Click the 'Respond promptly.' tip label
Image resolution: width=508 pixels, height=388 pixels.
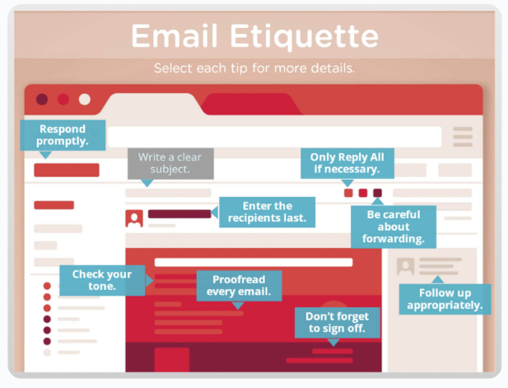coord(62,135)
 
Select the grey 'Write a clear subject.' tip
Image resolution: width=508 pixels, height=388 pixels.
coord(170,162)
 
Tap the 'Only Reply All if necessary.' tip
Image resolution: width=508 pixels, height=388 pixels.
coord(347,162)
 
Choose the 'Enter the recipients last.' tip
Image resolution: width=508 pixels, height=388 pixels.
coord(267,212)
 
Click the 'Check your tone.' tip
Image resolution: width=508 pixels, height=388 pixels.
coord(101,280)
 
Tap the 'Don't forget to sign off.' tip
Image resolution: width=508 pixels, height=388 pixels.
coord(338,322)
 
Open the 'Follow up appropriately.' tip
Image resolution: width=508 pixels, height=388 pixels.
coord(445,299)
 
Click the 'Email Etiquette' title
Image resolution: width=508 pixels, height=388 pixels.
coord(254,36)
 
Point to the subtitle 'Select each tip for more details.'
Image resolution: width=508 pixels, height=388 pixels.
coord(254,68)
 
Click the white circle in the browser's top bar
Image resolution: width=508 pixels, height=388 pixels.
coord(85,100)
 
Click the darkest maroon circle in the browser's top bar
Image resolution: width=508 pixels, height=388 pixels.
coord(42,100)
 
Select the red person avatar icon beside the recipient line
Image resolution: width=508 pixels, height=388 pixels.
coord(134,218)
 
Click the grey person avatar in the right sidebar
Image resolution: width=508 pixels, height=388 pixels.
coord(405,266)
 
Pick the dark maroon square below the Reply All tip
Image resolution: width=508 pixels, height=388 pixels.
coord(377,193)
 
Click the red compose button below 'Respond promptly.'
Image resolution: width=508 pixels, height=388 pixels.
coord(66,171)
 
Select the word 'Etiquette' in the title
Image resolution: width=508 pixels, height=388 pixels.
coord(315,36)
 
